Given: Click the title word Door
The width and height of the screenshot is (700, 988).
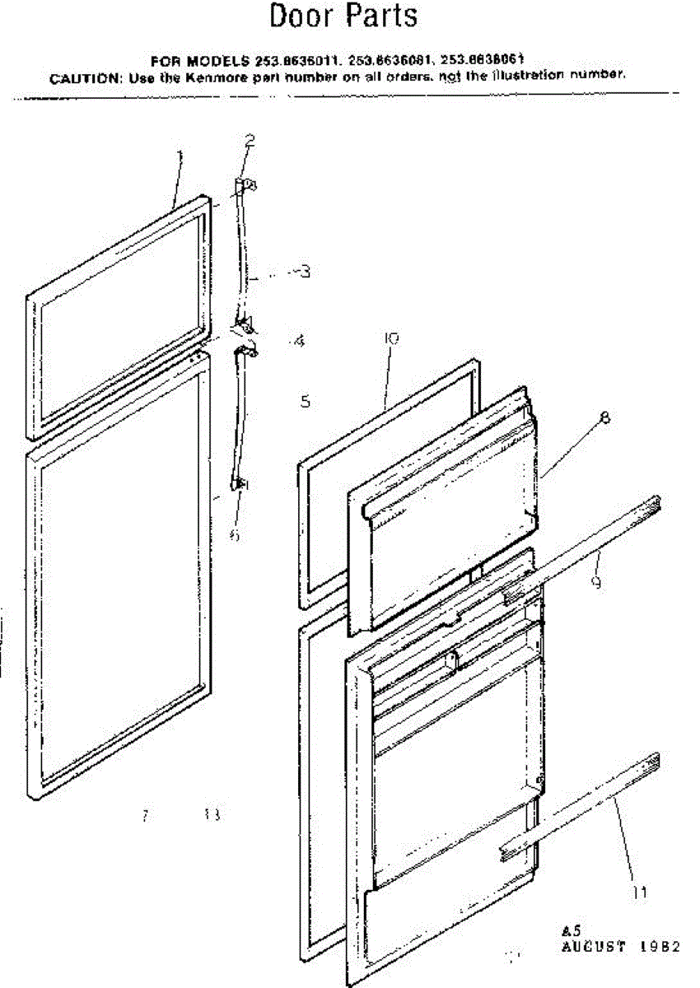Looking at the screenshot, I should click(301, 16).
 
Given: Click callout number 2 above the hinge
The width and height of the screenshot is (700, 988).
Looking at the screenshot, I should click(250, 140).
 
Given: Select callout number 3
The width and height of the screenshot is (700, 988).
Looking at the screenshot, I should click(304, 270).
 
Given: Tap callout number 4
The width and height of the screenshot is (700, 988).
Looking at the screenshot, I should click(298, 340).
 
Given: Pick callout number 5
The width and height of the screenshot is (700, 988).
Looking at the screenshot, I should click(305, 402).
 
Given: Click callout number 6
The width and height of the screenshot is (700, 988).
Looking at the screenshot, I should click(236, 535).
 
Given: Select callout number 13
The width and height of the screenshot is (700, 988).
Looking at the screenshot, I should click(212, 816).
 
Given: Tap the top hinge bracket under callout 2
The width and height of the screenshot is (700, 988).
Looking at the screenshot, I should click(245, 186).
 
